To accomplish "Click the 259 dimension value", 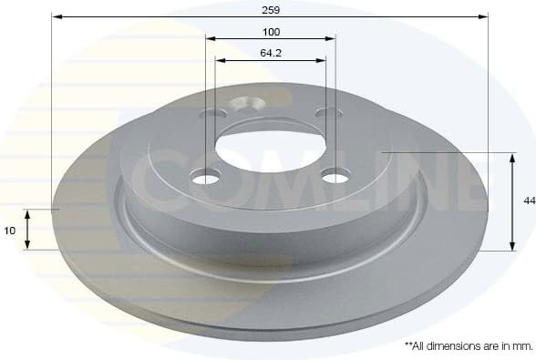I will click(270, 10).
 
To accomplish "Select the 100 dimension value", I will click(270, 32).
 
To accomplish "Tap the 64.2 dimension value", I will click(270, 53).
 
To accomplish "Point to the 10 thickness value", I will click(10, 231).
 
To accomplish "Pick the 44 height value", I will click(529, 201).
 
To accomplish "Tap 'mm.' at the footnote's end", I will click(522, 345).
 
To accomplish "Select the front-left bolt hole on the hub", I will click(206, 177).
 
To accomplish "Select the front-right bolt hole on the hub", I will click(335, 176).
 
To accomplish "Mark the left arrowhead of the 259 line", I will click(56, 17).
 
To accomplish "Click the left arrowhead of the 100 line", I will click(210, 39).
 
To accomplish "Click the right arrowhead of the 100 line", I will click(332, 39).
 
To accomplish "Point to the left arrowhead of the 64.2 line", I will click(219, 60).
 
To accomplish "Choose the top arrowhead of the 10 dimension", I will click(28, 212).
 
